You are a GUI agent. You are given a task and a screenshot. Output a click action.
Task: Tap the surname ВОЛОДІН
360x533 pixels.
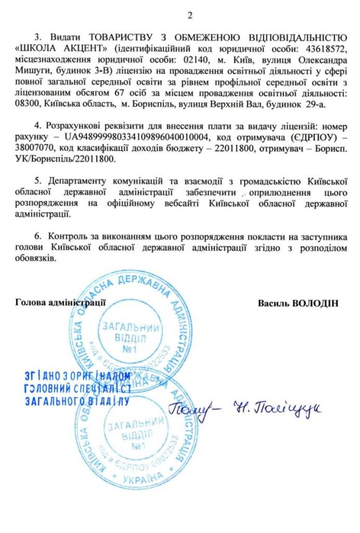pos(317,303)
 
